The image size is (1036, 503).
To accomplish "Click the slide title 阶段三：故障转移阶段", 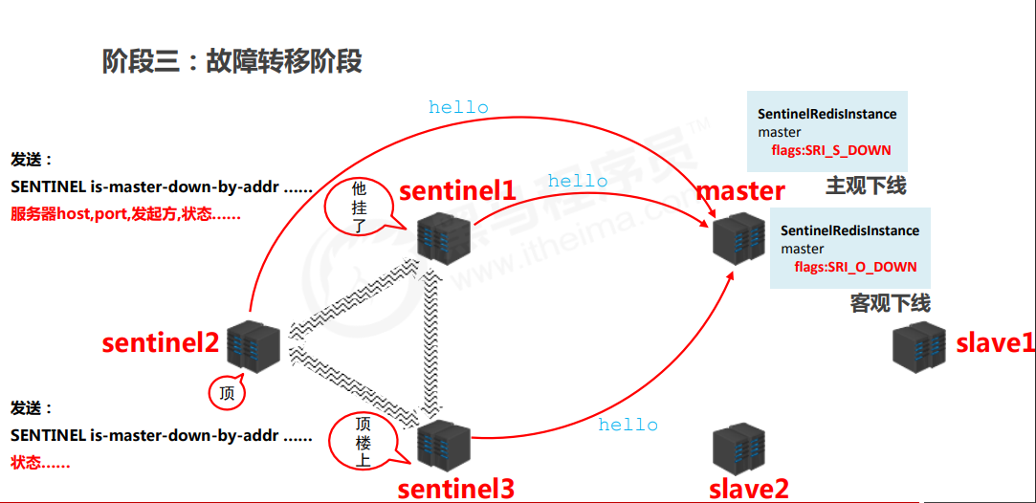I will [232, 61].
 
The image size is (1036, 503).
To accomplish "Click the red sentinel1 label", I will [457, 190].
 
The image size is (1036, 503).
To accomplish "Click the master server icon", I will [739, 235].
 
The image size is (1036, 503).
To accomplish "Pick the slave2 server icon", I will [739, 450].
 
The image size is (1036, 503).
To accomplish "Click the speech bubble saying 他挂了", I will [359, 206].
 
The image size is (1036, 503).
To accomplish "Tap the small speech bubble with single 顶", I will [227, 392].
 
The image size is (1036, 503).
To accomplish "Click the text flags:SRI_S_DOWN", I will [830, 150].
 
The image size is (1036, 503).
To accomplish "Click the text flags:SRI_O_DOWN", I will [854, 267].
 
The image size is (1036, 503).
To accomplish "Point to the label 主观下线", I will [866, 186].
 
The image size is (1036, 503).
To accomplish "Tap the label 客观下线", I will [890, 303].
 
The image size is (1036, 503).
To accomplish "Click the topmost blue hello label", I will [458, 107].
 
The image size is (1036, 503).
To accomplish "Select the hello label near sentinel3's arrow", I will [628, 425].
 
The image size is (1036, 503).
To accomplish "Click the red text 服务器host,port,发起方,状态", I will [125, 214].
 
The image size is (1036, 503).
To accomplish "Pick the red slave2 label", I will [748, 489].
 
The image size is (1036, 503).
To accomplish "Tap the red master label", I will [740, 190].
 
